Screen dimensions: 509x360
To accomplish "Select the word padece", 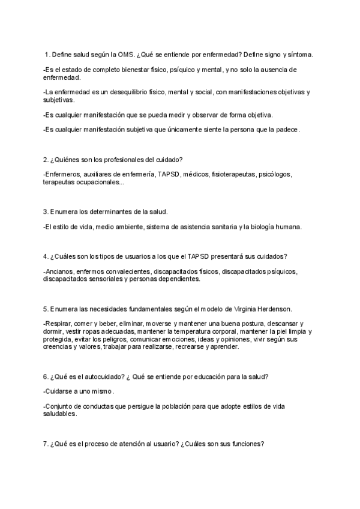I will pos(286,129).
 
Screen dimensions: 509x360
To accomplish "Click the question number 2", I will pos(46,159).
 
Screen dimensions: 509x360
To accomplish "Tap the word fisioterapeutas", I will pos(233,175).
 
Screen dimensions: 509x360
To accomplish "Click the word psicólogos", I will pos(275,175).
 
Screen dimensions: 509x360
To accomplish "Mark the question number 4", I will pos(46,256).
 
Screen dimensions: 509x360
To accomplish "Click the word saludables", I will pos(59,414).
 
